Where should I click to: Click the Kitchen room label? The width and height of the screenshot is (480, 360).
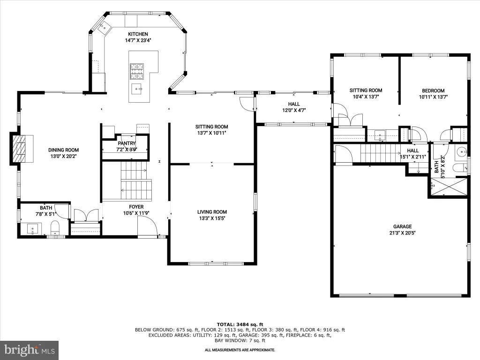coord(138,34)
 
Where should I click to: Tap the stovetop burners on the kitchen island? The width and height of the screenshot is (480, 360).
coord(137,71)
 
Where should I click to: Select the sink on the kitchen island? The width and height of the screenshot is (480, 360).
coord(137,89)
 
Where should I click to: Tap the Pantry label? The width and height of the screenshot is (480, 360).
coord(127,143)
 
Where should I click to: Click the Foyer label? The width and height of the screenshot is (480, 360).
coord(136,207)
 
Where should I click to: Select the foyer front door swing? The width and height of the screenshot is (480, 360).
coord(147,225)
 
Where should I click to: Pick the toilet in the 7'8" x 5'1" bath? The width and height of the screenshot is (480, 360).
coord(55,227)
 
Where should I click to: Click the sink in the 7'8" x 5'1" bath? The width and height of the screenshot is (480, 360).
coord(33,229)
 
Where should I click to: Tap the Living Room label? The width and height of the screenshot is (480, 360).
coord(212,212)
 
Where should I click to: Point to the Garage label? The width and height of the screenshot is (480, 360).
coord(402,226)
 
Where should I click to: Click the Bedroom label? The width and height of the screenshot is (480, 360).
coord(433,90)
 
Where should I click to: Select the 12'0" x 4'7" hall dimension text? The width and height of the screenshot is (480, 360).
coord(294,111)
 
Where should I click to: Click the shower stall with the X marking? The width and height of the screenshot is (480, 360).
coord(448,187)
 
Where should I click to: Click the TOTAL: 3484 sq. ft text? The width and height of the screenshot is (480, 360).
coord(240,324)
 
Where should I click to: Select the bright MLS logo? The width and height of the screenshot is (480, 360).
coord(30,350)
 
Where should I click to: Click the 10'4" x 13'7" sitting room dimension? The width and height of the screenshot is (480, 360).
coord(366,97)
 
